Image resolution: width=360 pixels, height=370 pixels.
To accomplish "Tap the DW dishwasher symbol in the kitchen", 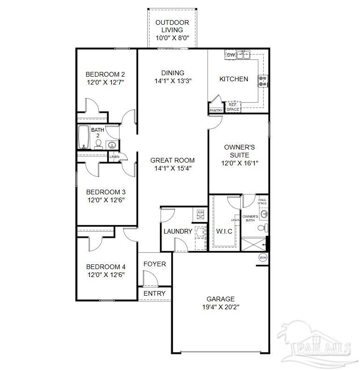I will pos(230,55).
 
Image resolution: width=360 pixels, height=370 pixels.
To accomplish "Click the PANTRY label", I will pos(216,110).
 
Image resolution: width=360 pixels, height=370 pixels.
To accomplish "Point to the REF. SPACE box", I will pos(233,107).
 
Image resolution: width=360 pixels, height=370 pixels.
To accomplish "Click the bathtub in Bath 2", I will pos(84,136).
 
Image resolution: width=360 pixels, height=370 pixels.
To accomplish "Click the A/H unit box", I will pos(200,213).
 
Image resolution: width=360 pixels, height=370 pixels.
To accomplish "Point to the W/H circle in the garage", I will pos(263,257).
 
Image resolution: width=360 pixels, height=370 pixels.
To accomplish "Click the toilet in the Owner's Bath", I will pos(265,228).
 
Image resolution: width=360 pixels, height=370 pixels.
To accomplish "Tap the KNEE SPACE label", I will pos(262,202).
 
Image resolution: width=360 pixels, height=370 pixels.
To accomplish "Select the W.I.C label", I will pos(224,231).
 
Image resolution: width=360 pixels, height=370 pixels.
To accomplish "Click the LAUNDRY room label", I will pos(178,231).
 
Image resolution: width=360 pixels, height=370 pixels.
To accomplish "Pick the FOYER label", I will pos(155,264).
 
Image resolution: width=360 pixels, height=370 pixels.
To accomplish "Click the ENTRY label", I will pos(154,293).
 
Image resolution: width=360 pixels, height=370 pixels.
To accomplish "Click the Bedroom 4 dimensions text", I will pos(106,276).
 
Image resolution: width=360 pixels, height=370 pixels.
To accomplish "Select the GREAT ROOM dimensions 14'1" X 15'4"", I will pos(173,169).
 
